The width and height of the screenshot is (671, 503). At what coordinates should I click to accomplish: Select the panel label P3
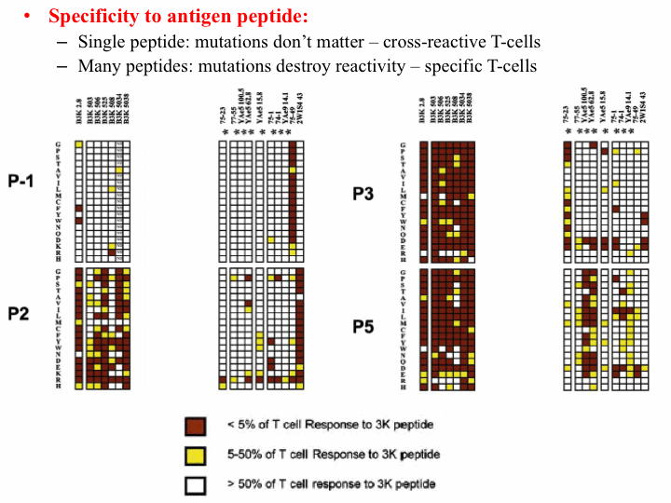[364, 194]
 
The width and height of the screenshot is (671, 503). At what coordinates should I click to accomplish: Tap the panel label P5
[364, 327]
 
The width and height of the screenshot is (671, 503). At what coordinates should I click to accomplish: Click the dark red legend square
[194, 427]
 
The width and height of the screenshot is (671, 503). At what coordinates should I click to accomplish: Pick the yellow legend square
[194, 455]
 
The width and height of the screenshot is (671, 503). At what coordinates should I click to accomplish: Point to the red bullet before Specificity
[29, 18]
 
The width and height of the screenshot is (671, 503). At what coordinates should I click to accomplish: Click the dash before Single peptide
[62, 42]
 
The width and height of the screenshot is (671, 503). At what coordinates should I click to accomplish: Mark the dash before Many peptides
[62, 66]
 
